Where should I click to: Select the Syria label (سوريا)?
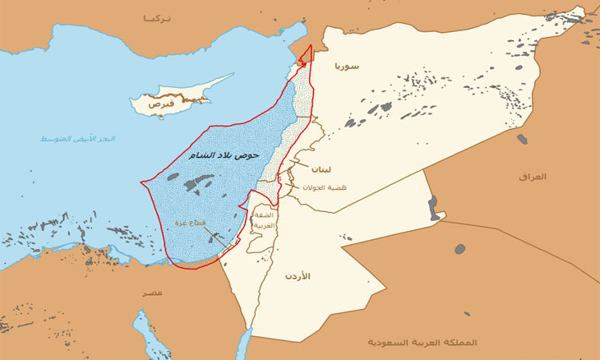(x=347, y=65)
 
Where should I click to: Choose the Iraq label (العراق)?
(x=533, y=177)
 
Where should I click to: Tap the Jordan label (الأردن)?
(x=298, y=276)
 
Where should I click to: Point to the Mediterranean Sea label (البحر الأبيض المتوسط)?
(x=78, y=139)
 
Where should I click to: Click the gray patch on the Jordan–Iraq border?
(x=434, y=209)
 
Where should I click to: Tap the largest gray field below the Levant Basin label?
(x=197, y=183)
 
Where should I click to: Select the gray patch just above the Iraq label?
(x=522, y=139)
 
